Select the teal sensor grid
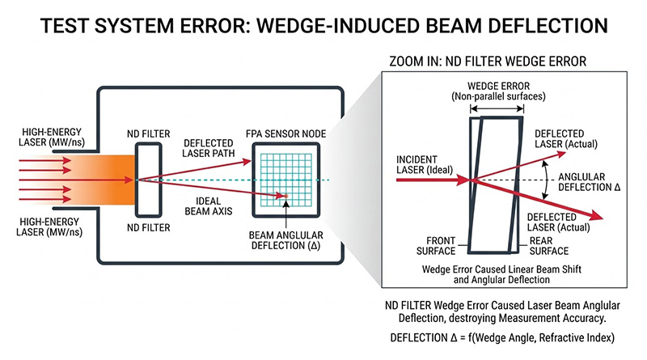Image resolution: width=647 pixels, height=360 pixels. (281, 177)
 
